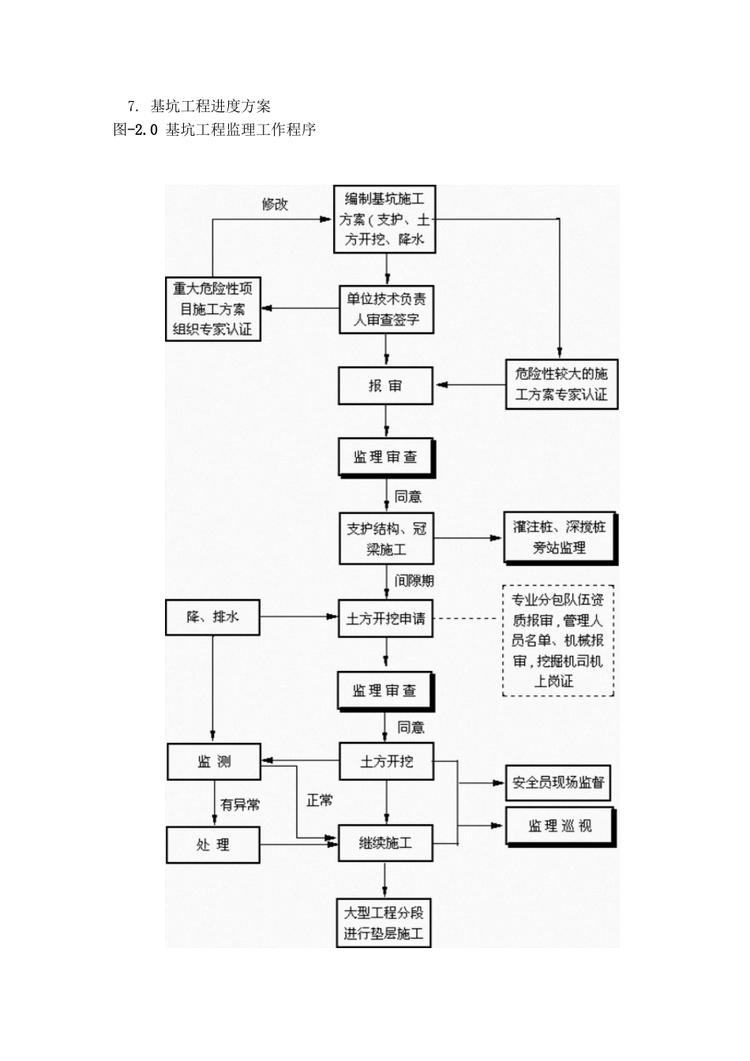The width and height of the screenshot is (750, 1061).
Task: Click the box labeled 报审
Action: pos(386,386)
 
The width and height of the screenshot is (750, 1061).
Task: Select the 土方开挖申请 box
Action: pos(386,619)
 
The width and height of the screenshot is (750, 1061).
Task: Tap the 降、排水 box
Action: pos(213,617)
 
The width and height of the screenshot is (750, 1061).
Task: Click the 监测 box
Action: pos(214,762)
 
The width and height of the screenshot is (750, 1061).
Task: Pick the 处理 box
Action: pos(213,845)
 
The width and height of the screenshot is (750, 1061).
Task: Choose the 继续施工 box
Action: pos(386,843)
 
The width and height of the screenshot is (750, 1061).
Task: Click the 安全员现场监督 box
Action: pos(558,783)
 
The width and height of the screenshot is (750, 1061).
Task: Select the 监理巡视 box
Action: pos(560,827)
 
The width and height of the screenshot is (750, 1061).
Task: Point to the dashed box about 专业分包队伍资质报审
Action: pos(558,641)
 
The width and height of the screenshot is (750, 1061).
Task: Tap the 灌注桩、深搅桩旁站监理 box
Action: pos(560,538)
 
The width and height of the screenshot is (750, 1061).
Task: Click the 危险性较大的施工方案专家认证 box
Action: pos(561,384)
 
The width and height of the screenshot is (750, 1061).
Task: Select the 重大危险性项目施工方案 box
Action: pos(213,309)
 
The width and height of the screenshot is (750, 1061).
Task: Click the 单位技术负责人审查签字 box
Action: pos(386,309)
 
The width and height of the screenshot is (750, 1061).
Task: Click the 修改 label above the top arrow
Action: pos(275,204)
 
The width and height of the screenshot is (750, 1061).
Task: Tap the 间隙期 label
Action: pos(414,581)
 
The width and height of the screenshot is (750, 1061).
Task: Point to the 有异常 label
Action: pos(240,805)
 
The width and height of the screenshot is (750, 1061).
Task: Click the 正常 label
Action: pos(320,800)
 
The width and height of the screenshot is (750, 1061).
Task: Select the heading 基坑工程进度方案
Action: pos(211,106)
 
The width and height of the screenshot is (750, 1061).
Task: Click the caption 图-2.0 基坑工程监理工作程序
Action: pos(215,130)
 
